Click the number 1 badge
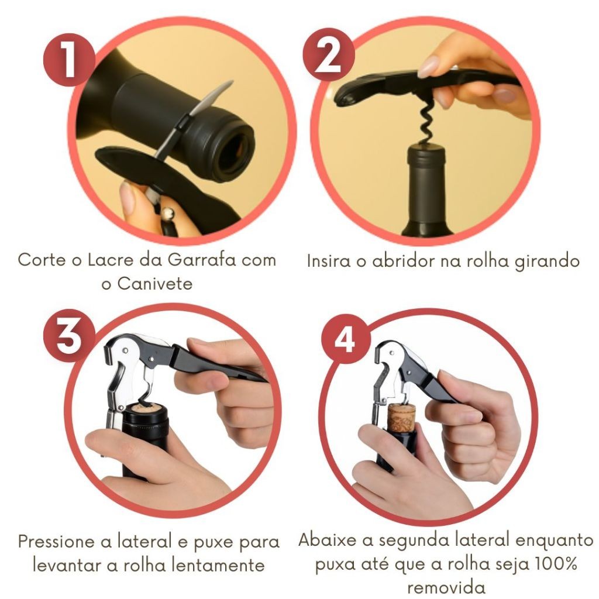[69, 60]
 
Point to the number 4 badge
[346, 339]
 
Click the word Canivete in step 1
[154, 284]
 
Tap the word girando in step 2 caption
[548, 262]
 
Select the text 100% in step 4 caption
[556, 564]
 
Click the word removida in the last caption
[446, 587]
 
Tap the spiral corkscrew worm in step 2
[426, 122]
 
